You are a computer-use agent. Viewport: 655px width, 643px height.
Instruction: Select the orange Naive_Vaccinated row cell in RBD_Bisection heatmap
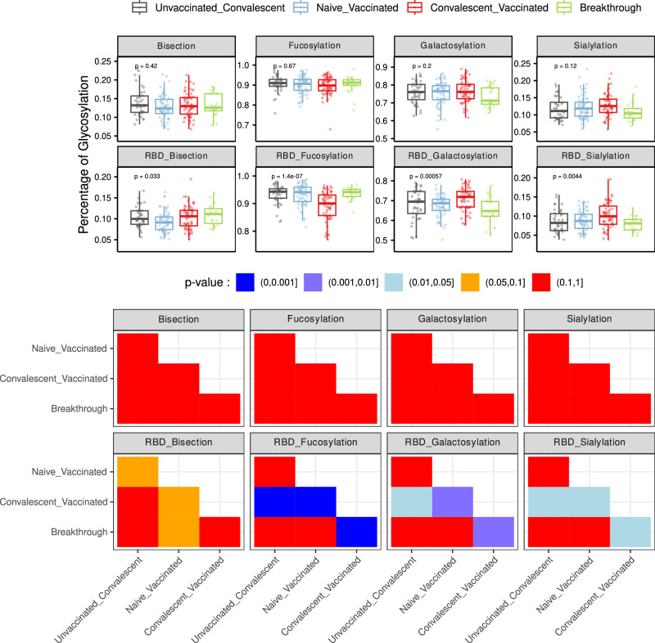pos(138,471)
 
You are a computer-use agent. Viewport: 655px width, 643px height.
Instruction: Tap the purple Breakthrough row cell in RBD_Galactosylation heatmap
pos(493,532)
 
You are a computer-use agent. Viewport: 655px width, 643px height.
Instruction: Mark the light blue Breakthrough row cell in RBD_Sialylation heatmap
pos(630,532)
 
